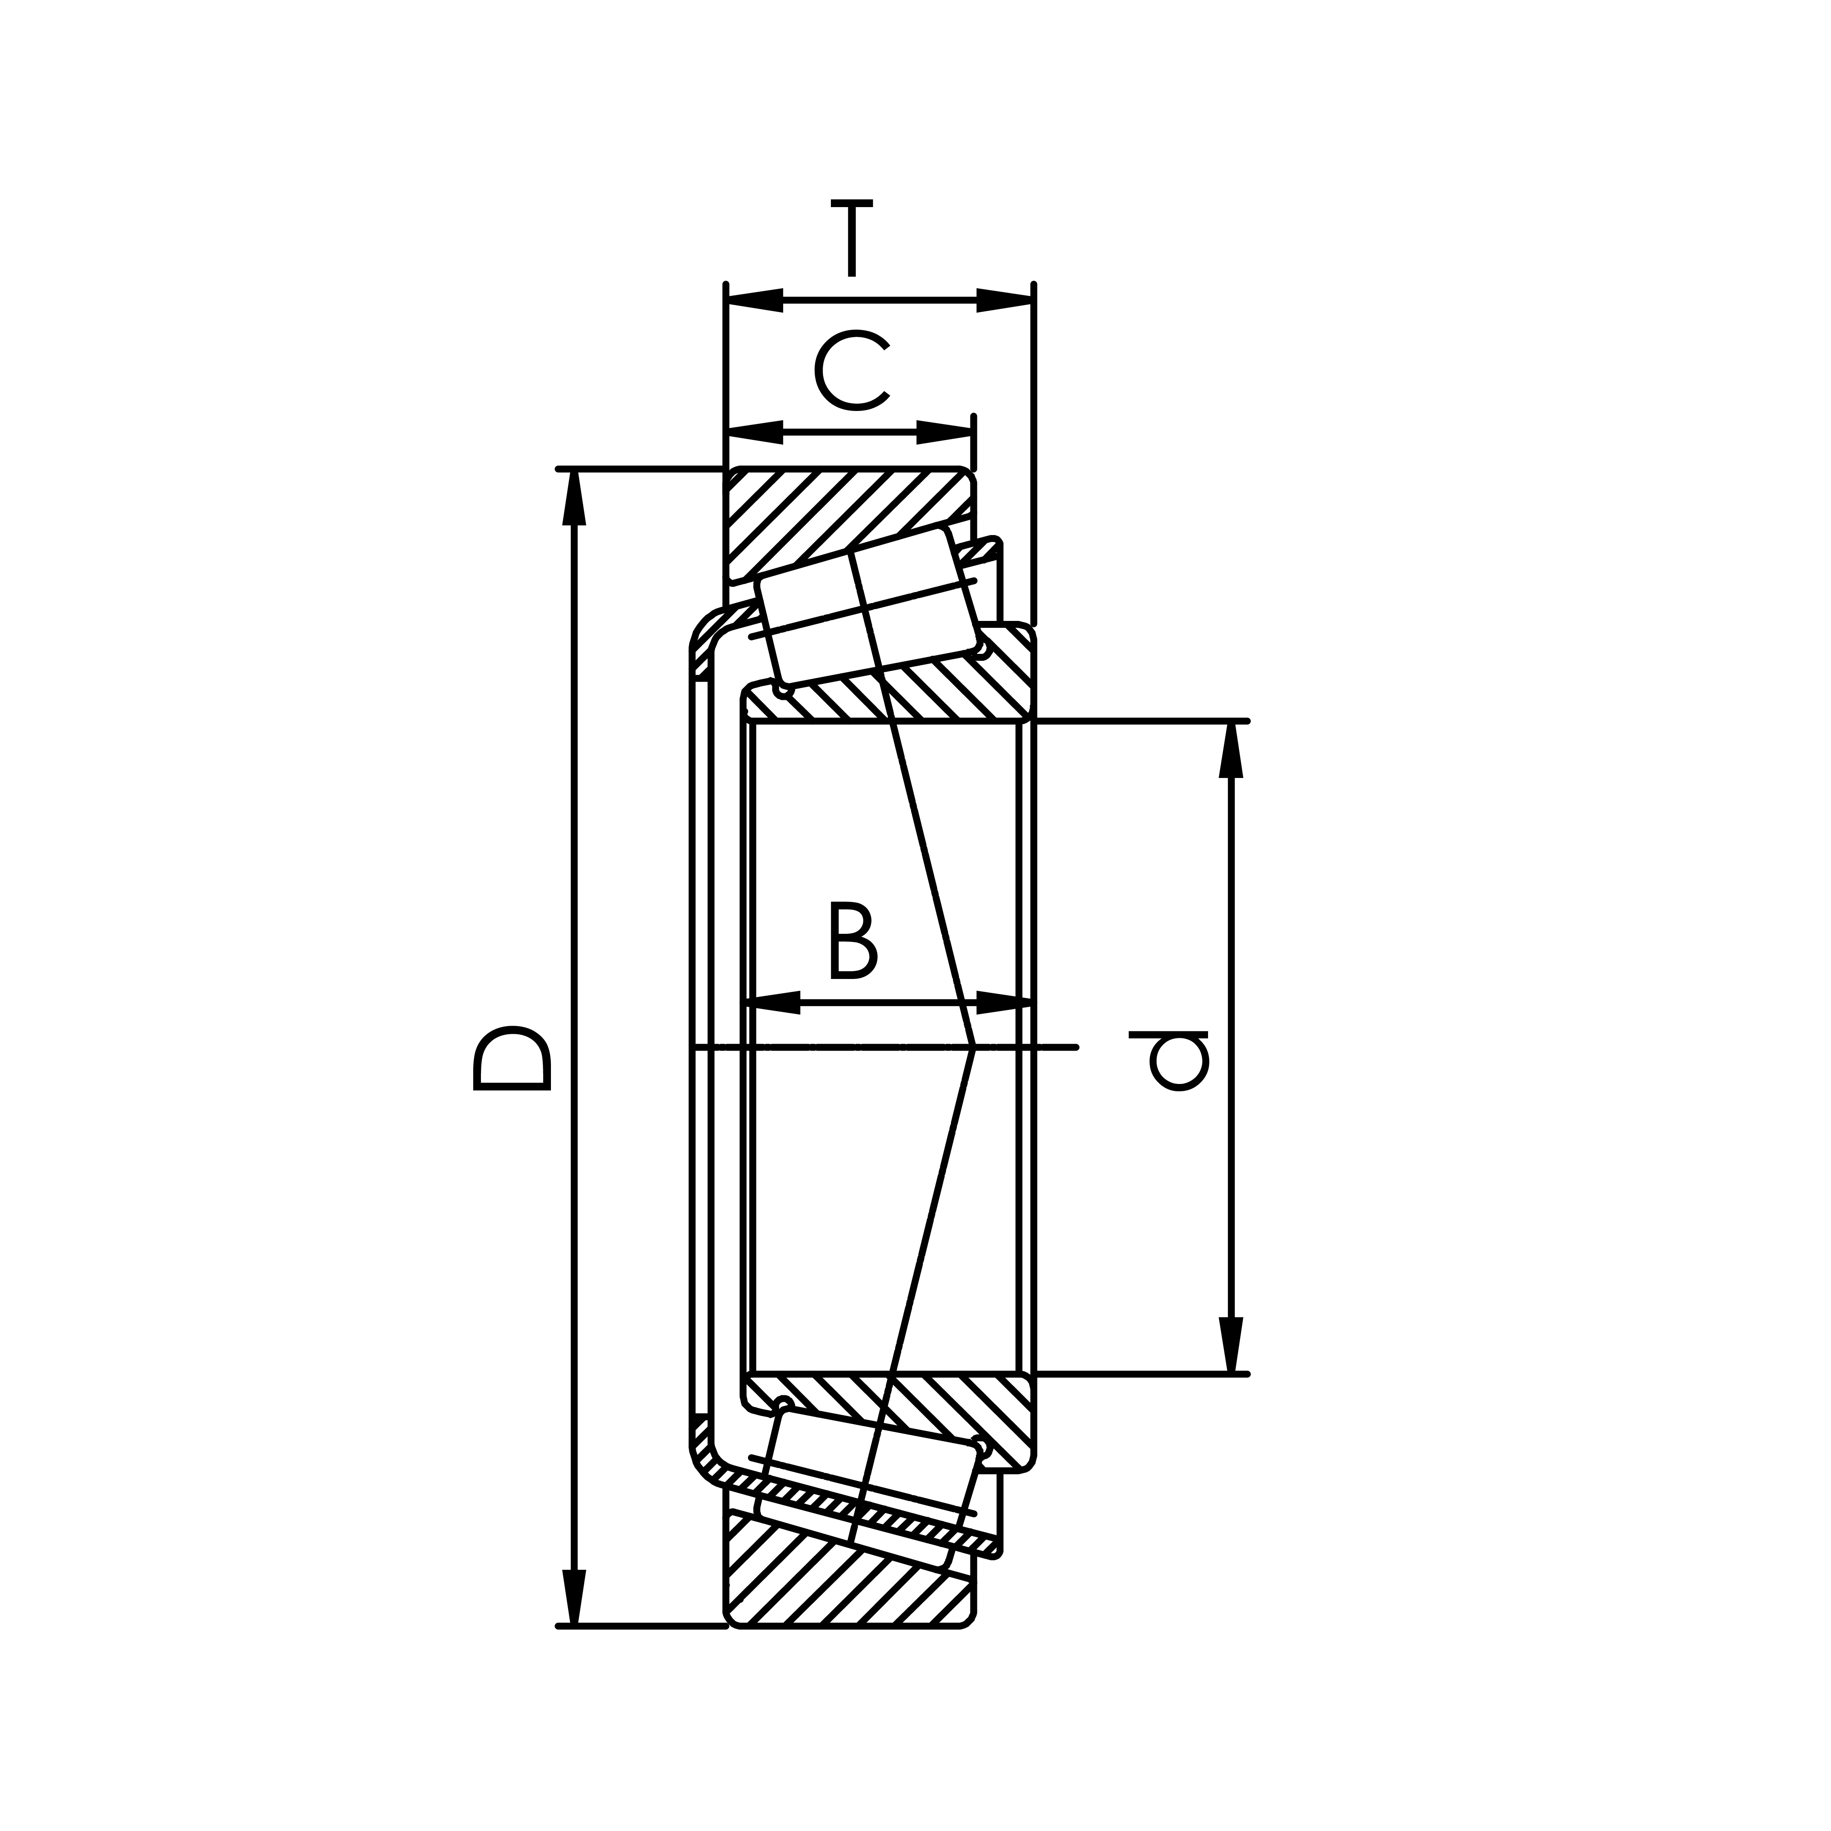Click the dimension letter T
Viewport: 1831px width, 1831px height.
851,238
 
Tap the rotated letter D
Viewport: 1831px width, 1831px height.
512,1059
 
